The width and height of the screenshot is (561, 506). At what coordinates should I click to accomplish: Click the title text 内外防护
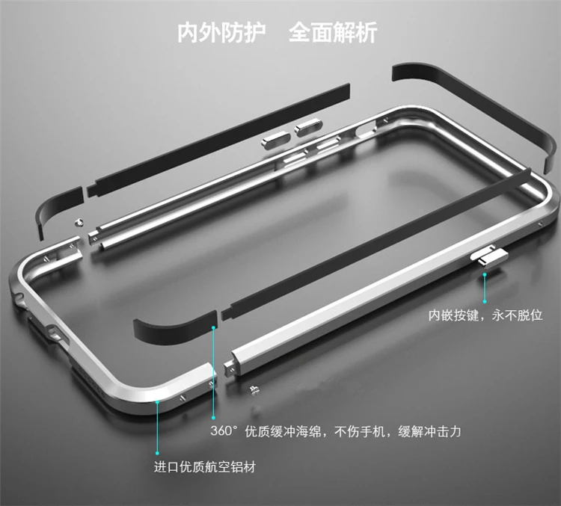(221, 34)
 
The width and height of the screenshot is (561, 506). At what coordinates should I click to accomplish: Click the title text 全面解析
(333, 34)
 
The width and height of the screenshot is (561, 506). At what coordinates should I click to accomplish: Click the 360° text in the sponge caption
(224, 432)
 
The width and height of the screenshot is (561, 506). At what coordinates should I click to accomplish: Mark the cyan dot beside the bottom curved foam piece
(214, 327)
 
